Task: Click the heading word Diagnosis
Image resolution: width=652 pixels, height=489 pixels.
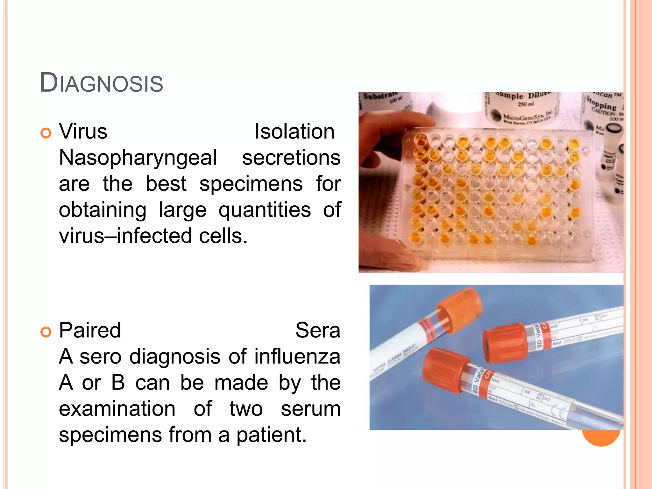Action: pos(101,83)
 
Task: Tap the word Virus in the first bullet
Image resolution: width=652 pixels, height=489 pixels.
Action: pos(83,131)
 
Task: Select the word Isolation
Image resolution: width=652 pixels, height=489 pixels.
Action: pos(294,131)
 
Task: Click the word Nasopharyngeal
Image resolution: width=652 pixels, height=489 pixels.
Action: pos(138,158)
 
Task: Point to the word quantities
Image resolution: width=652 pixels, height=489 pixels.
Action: pos(265,210)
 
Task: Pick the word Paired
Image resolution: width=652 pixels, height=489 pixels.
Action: pos(90,330)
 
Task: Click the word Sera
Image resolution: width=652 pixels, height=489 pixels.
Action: pos(318,330)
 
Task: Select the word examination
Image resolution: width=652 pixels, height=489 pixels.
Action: pos(117,409)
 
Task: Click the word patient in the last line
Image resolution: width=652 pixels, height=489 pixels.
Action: pos(271,435)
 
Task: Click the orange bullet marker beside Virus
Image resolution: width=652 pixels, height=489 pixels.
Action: pos(46,133)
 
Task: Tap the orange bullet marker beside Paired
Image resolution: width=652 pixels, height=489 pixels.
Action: pos(46,332)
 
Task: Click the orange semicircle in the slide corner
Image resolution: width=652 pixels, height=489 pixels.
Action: pos(601,438)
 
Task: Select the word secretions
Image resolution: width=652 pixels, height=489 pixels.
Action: pos(291,158)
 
